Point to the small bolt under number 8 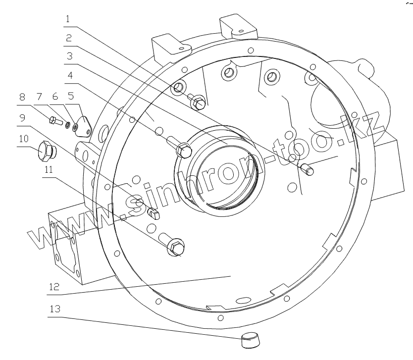coord(53,119)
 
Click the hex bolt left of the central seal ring coord(183,149)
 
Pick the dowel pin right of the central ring coord(308,168)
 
